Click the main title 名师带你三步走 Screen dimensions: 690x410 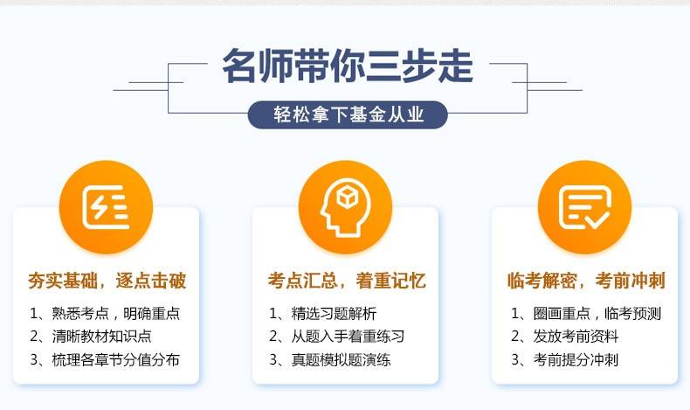(348, 66)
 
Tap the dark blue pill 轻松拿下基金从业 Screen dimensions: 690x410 (348, 115)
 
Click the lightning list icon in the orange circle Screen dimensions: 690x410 (106, 207)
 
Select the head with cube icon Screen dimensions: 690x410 (345, 207)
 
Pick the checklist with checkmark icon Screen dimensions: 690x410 (585, 207)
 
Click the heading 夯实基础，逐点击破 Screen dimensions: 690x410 (107, 281)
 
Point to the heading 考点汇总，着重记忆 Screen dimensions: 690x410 (347, 281)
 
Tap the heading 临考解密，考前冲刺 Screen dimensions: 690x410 (586, 281)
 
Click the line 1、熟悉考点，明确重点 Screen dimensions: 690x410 (105, 314)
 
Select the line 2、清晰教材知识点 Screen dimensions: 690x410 (91, 337)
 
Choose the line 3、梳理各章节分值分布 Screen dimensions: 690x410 (105, 360)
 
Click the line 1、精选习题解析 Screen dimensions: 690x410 (323, 314)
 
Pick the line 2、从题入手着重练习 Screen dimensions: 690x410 (336, 337)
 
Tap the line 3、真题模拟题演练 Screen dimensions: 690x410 (330, 360)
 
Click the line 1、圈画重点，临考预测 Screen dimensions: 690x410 (586, 314)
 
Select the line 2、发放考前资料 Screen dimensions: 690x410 (565, 337)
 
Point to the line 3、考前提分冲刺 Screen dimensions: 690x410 (565, 360)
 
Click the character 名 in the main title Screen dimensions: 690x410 (239, 66)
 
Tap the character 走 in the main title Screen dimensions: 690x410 (456, 66)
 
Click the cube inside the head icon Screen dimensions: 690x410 (348, 197)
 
